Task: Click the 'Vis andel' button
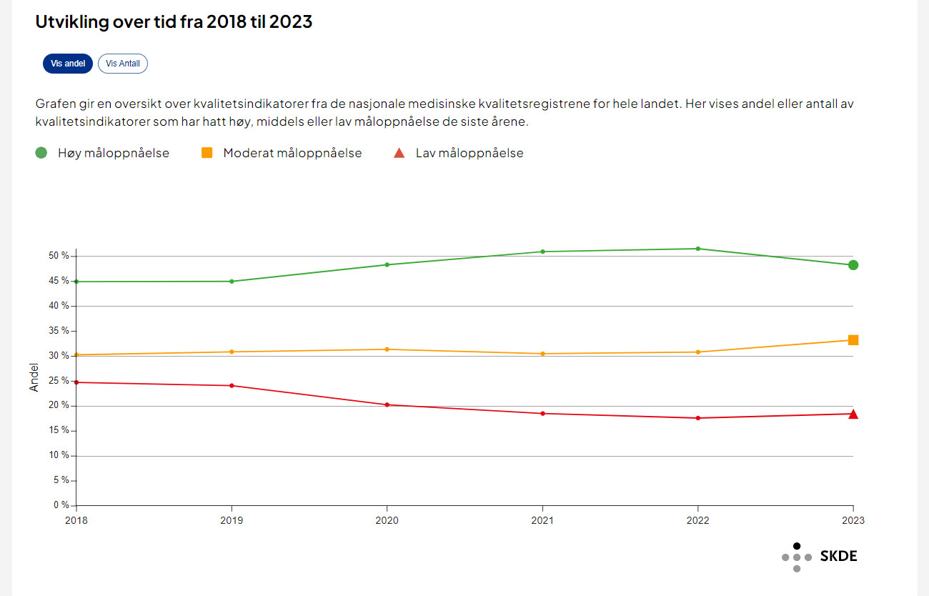[x=68, y=64]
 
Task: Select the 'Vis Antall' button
[x=123, y=64]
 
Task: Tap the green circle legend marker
[x=41, y=152]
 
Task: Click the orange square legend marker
[x=207, y=152]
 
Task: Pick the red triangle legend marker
[x=400, y=152]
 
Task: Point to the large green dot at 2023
[x=853, y=265]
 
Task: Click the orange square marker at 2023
[x=853, y=340]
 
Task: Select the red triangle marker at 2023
[x=853, y=414]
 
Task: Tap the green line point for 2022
[x=698, y=249]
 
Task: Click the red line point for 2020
[x=387, y=404]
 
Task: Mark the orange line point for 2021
[x=542, y=354]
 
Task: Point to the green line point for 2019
[x=232, y=281]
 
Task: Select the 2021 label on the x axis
[x=542, y=520]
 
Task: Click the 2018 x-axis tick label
[x=76, y=520]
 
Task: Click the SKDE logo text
[x=838, y=557]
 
